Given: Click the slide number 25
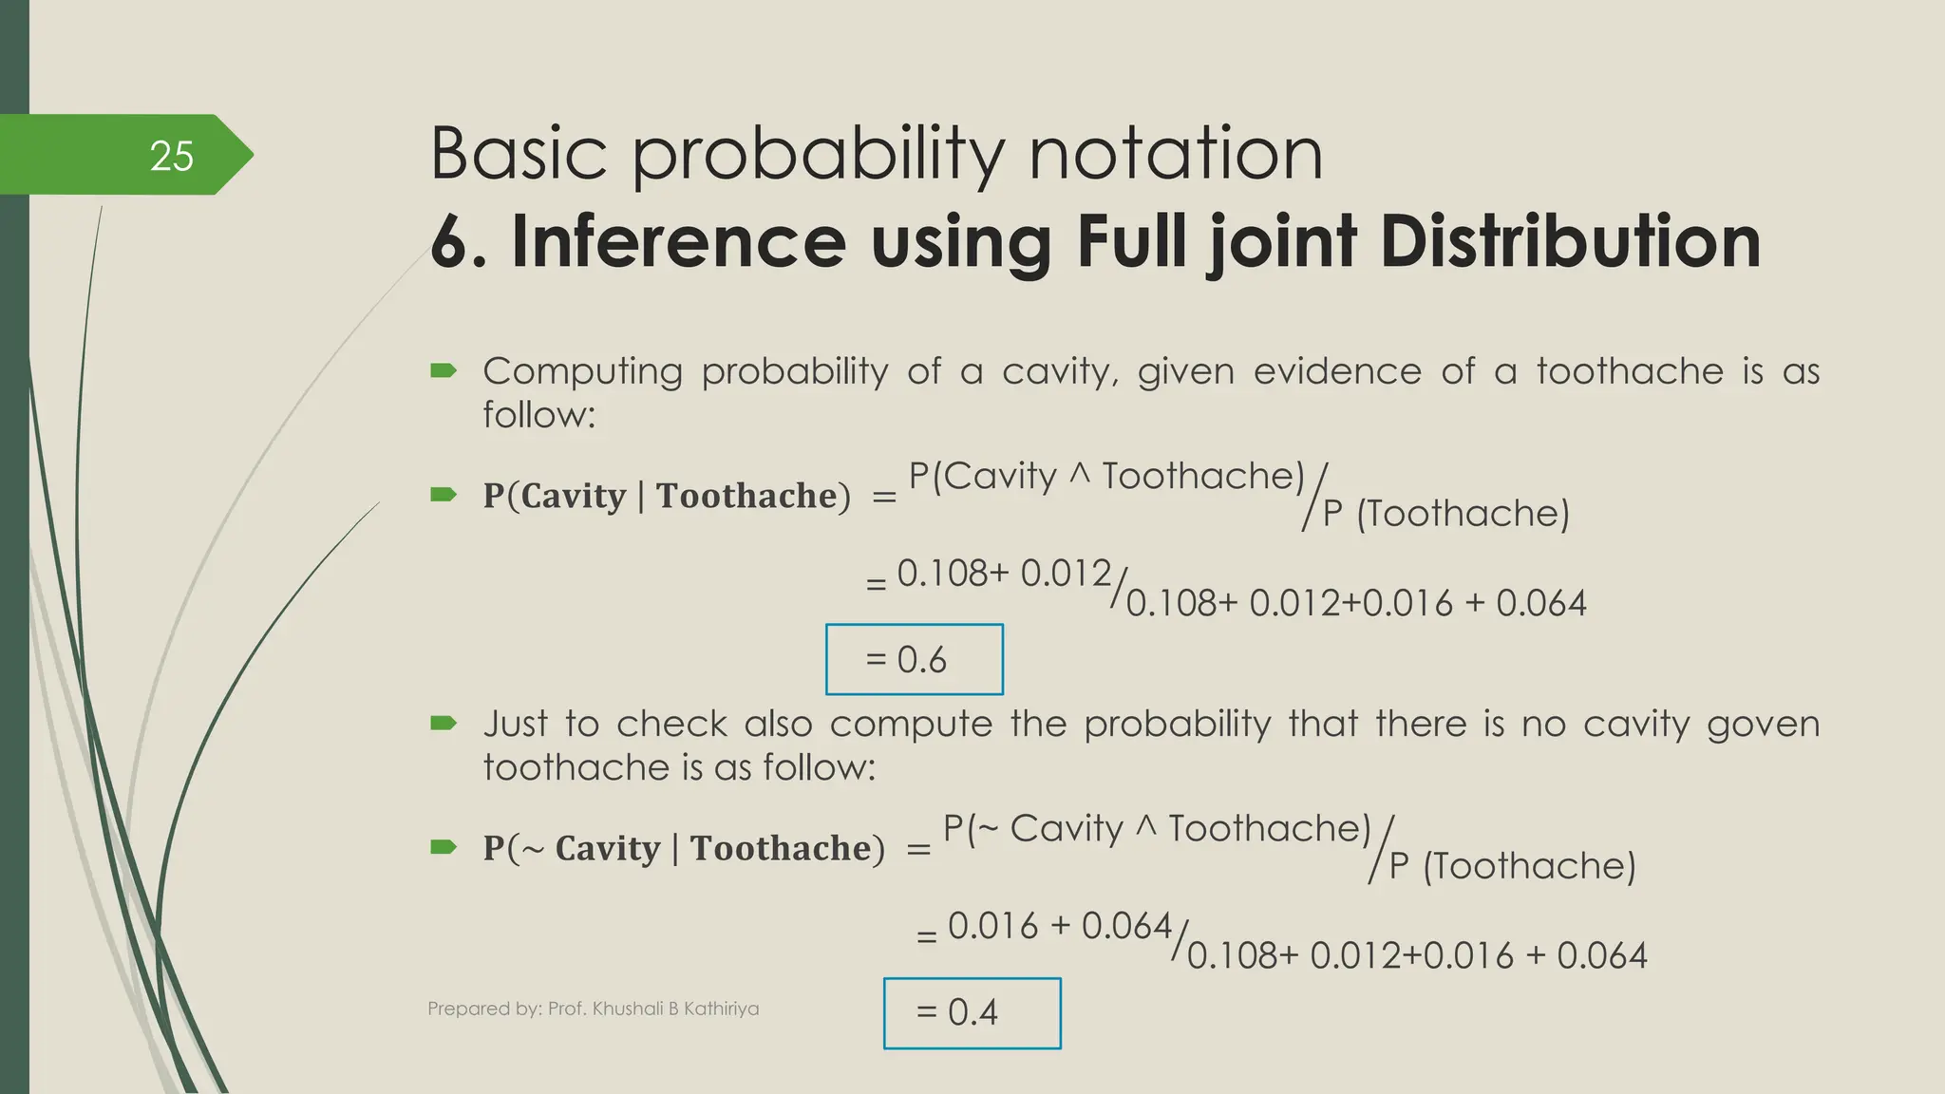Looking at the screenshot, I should tap(172, 157).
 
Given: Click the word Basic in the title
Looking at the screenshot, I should tap(518, 154).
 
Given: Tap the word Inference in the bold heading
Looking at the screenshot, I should tap(678, 241).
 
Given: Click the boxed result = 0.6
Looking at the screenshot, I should tap(914, 659).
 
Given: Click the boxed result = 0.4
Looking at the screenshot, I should tap(971, 1012).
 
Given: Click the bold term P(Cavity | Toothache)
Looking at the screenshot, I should tap(667, 496).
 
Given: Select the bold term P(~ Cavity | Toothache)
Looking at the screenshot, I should tap(684, 848).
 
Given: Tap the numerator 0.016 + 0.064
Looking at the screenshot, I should tap(1059, 925).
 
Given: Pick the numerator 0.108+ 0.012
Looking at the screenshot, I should tap(1003, 573).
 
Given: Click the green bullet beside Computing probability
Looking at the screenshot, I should tap(444, 370).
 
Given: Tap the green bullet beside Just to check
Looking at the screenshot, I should tap(444, 724).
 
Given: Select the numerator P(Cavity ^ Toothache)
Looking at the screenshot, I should tap(1106, 476).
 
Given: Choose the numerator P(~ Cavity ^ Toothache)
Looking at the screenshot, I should tap(1157, 828).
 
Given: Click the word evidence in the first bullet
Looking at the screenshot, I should tap(1337, 371).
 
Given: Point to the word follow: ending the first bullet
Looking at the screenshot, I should tap(538, 415).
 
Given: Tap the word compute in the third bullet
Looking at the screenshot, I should tap(911, 724).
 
